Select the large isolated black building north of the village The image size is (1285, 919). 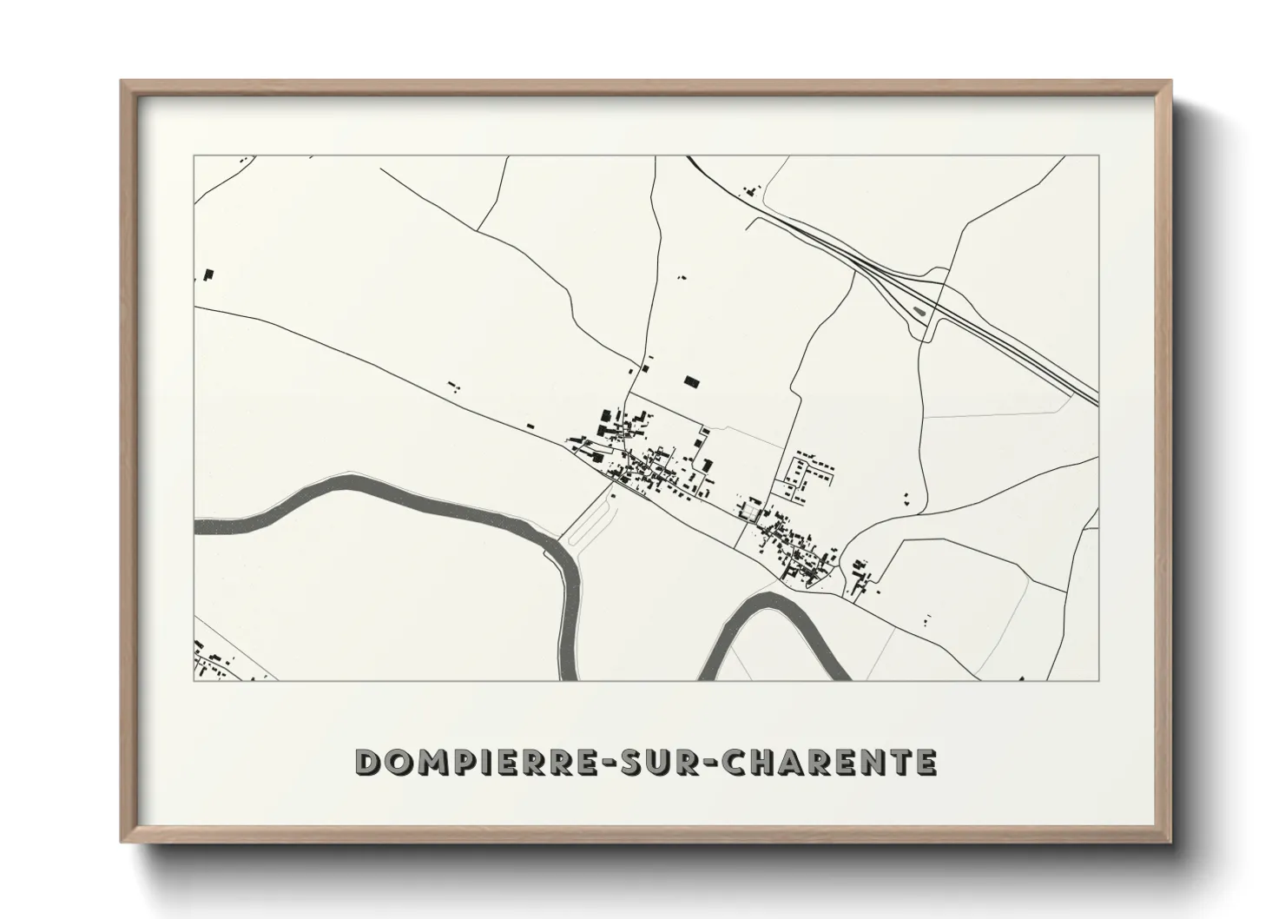[691, 380]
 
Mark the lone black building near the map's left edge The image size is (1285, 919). [208, 274]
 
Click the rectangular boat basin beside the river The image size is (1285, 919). [590, 526]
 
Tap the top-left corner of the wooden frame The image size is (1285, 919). [123, 83]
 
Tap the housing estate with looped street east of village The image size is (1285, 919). [812, 473]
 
